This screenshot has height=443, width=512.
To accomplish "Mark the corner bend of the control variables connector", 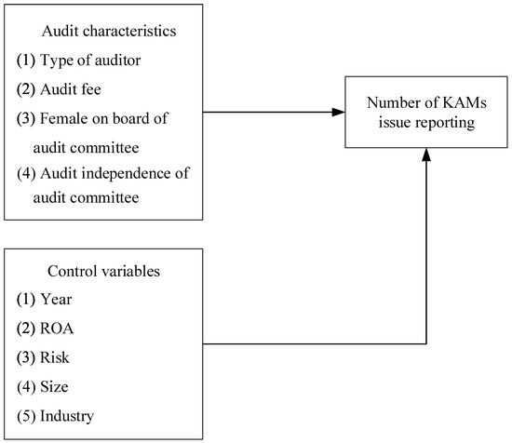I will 426,343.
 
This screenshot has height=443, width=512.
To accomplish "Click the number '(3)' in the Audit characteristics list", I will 25,118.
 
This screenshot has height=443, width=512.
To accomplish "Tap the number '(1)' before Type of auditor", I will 25,60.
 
